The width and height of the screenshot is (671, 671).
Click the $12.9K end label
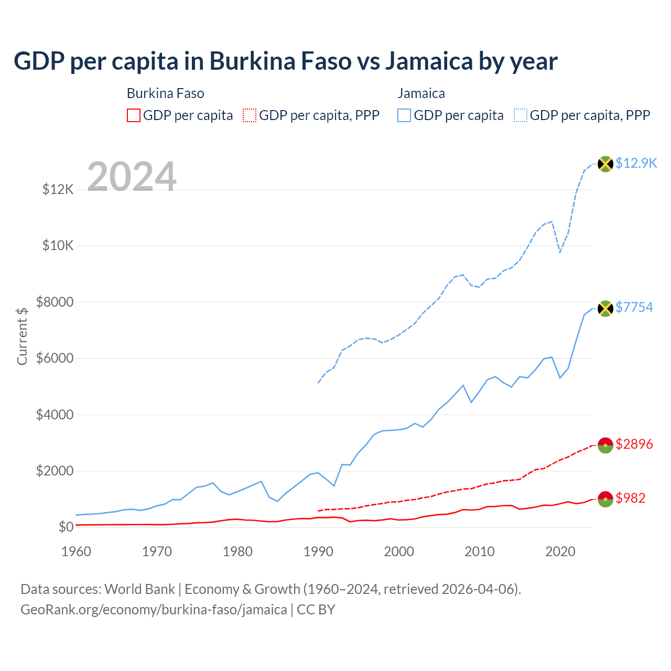(636, 163)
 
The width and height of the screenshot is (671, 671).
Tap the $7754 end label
(634, 307)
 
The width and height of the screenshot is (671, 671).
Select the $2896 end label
(634, 445)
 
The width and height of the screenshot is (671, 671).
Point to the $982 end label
(631, 498)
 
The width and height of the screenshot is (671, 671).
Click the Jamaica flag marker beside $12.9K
(605, 164)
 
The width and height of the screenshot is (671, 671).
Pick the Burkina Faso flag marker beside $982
(605, 499)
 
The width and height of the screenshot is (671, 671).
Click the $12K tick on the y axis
(58, 189)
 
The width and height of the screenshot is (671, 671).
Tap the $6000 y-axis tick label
(55, 359)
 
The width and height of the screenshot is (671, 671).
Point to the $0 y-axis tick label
(66, 527)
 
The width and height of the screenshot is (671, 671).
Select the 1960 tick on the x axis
(77, 551)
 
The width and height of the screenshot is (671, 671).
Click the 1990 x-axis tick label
(318, 551)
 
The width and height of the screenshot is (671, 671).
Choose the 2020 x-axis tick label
(560, 551)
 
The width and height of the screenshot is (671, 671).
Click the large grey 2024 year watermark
(132, 177)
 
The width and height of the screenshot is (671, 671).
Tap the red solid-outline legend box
(134, 115)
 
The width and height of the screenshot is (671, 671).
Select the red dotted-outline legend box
(250, 115)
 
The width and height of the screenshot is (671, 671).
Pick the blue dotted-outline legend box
(521, 115)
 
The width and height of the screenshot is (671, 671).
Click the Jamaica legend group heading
(421, 93)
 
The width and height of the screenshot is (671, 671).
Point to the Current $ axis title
(22, 336)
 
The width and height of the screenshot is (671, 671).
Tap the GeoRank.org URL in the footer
(154, 610)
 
